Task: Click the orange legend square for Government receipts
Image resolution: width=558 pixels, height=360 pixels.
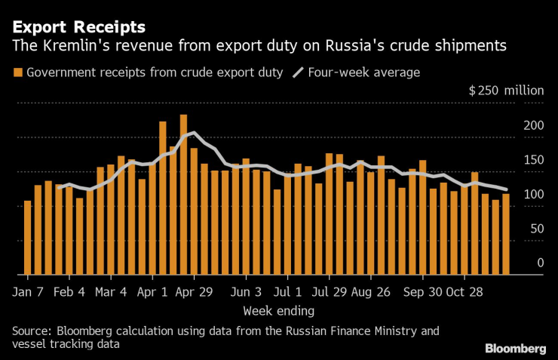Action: tap(17, 73)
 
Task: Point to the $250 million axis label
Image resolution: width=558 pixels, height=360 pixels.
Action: tap(506, 91)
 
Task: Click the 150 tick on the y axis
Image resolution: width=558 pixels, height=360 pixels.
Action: tap(534, 160)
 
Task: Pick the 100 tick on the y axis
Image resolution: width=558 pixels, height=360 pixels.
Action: tap(534, 194)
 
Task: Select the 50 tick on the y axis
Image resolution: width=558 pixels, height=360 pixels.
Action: tap(537, 229)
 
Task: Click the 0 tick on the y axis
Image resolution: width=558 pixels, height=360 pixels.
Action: tap(540, 263)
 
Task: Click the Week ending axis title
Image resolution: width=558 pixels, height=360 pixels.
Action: tap(279, 310)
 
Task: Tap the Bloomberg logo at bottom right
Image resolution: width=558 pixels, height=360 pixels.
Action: tap(515, 348)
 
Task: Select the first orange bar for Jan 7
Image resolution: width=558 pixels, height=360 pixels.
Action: tap(28, 238)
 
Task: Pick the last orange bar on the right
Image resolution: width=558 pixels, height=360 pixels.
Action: tap(506, 234)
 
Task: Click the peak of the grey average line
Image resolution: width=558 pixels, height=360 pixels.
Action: tap(194, 134)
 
